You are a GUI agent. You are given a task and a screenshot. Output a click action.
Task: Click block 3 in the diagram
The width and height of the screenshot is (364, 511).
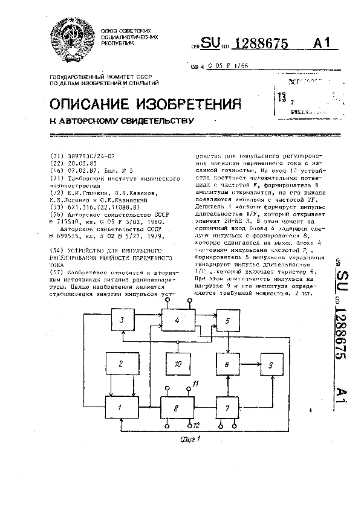click(122, 320)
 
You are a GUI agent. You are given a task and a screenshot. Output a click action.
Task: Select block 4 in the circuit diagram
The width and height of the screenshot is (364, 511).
click(177, 320)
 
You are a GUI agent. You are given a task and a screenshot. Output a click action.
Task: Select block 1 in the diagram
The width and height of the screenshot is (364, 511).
click(122, 408)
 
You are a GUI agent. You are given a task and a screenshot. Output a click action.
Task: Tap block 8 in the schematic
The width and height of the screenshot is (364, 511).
click(177, 408)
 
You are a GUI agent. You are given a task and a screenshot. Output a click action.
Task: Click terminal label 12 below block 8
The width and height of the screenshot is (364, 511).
click(196, 426)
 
